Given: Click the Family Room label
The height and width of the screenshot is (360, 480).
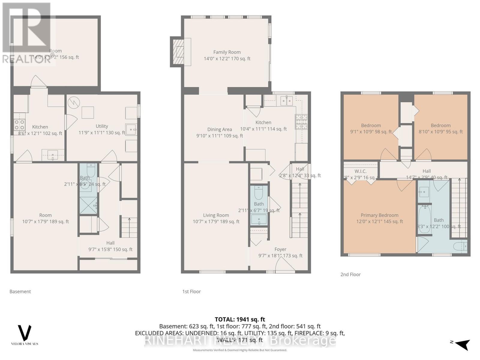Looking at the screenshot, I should click(227, 52).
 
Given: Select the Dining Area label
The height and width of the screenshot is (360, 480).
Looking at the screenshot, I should click(220, 129).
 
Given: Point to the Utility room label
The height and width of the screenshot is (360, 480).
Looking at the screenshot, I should click(102, 126).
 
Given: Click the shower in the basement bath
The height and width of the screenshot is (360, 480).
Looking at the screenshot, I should click(88, 205).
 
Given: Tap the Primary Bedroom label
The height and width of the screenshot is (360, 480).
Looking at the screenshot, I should click(379, 215).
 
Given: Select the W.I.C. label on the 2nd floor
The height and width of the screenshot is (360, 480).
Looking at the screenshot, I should click(360, 171).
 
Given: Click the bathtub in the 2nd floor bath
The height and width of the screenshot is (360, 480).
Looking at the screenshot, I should click(424, 220).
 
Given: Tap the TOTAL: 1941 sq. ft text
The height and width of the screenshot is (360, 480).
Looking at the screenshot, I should click(240, 319).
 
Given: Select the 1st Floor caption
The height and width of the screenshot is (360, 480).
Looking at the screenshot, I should click(191, 291).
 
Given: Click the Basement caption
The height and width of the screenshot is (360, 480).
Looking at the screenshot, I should click(20, 291).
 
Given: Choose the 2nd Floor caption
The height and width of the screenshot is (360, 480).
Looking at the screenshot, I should click(350, 274).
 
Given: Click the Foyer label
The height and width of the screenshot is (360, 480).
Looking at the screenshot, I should click(280, 249).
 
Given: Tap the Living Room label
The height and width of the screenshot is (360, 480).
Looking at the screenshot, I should click(216, 215).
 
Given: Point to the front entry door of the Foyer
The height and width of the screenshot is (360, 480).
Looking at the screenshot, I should click(285, 266).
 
